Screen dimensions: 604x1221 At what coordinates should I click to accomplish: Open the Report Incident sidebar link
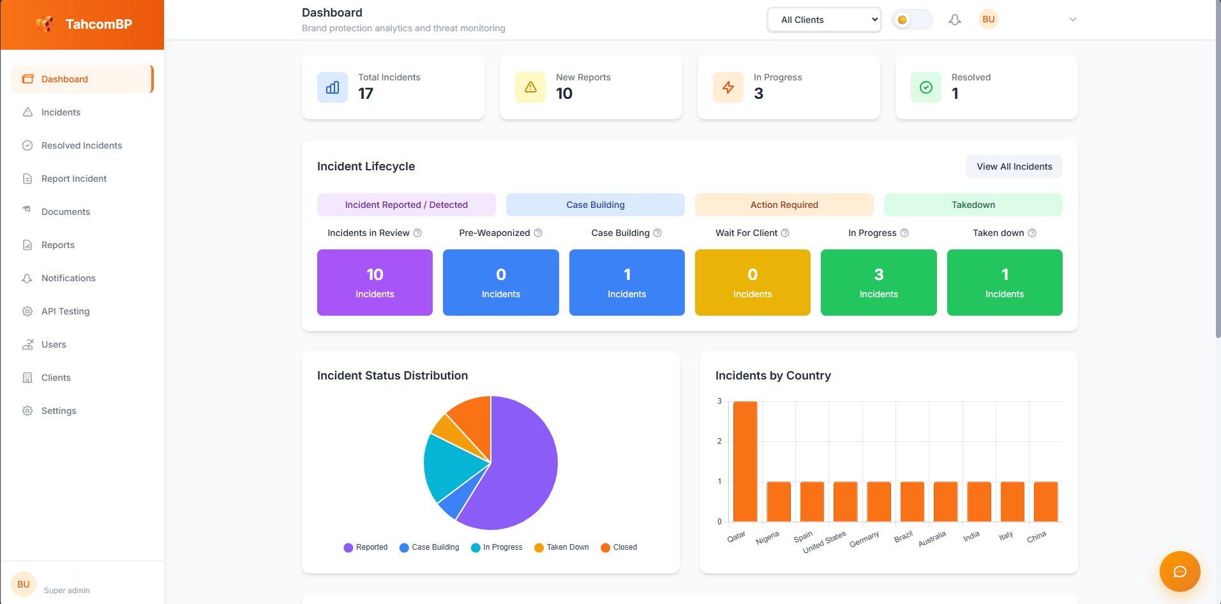[73, 179]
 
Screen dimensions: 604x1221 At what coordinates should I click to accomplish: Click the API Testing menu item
[65, 311]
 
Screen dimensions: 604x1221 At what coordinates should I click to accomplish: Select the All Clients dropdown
[823, 20]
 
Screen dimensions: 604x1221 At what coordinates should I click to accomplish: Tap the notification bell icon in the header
[954, 20]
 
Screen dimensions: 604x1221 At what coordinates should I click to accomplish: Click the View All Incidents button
[1014, 166]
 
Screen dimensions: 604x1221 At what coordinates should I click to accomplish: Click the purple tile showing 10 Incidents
[375, 283]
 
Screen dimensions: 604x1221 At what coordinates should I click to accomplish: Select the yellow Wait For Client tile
[752, 283]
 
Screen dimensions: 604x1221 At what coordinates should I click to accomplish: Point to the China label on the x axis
[1036, 537]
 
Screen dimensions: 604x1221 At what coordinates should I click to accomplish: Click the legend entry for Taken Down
[561, 547]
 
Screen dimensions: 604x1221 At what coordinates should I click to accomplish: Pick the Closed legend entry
[618, 547]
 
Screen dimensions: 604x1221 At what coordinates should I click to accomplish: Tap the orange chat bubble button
[1180, 571]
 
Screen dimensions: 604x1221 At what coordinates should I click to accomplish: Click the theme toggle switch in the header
[911, 20]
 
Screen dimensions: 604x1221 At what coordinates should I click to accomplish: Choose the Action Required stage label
[784, 205]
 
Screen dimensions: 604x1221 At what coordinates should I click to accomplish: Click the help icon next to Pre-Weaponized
[538, 233]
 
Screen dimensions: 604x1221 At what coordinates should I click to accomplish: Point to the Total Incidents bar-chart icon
[333, 87]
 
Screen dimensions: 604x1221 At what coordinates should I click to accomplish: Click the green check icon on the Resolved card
[925, 87]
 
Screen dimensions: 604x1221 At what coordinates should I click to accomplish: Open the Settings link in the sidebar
[59, 411]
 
